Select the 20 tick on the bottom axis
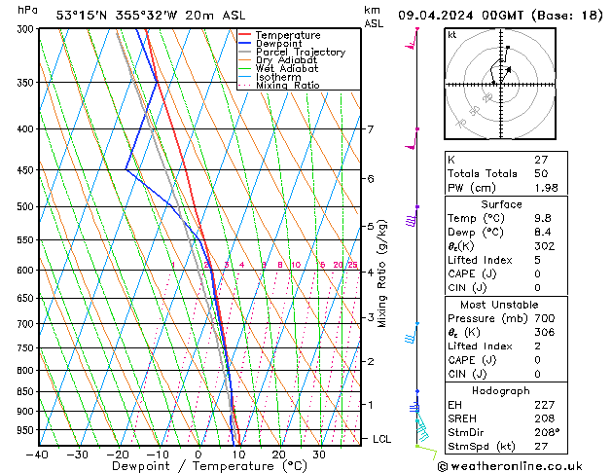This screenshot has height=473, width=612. pyautogui.click(x=279, y=454)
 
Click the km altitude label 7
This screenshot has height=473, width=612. pyautogui.click(x=370, y=129)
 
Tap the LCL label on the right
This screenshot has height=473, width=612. pyautogui.click(x=382, y=439)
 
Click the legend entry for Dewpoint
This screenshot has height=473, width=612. pyautogui.click(x=278, y=44)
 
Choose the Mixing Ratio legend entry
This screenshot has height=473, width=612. pyautogui.click(x=288, y=86)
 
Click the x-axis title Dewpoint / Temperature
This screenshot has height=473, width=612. pyautogui.click(x=198, y=466)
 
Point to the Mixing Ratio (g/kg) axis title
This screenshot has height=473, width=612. pyautogui.click(x=382, y=273)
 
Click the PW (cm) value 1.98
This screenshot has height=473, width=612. pyautogui.click(x=543, y=188)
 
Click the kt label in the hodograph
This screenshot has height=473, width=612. pyautogui.click(x=452, y=35)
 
